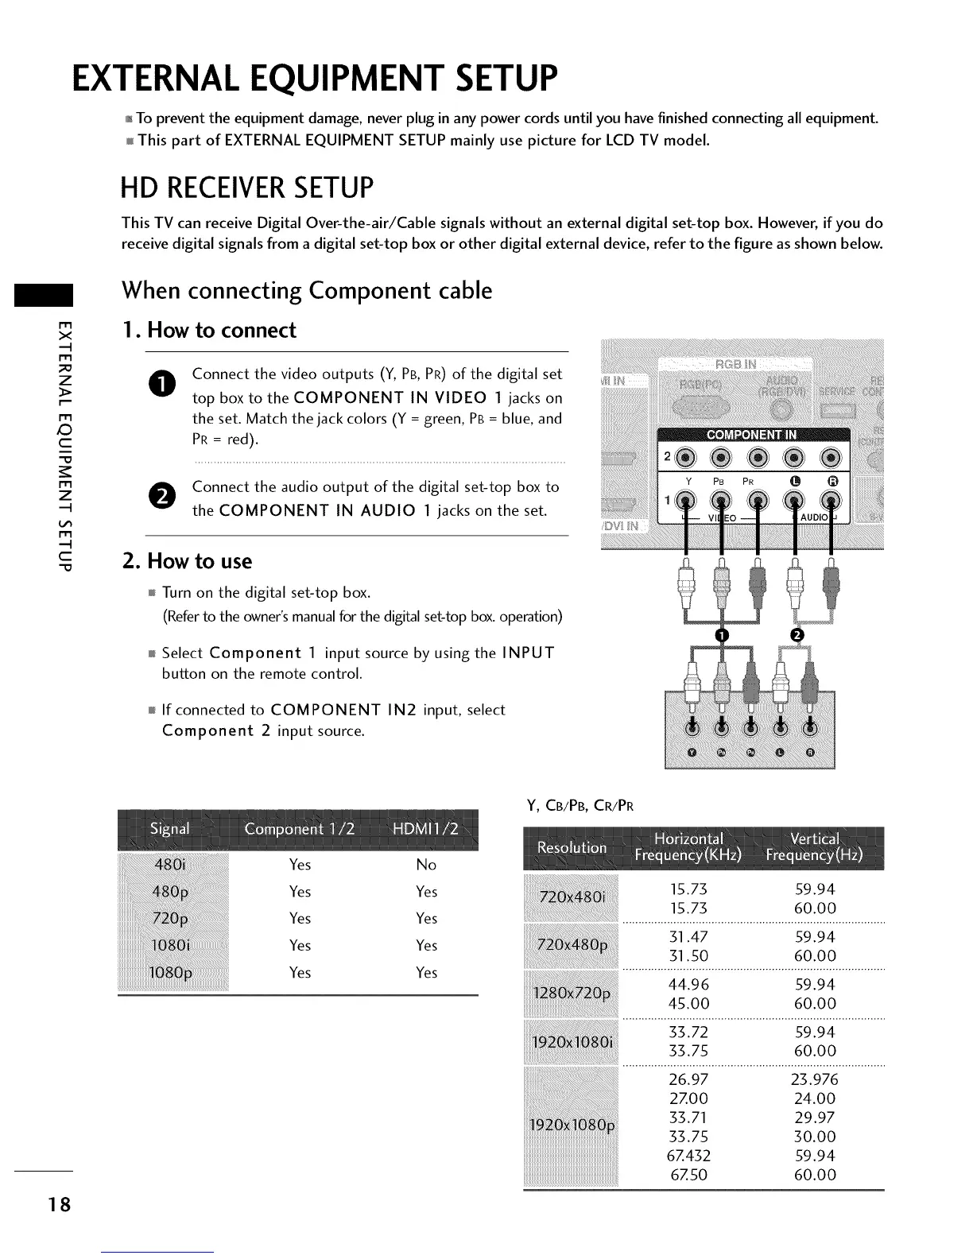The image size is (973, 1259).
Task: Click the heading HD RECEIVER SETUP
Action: (x=246, y=188)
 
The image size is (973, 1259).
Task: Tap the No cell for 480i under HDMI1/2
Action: (x=426, y=865)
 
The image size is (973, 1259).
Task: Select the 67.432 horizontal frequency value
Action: (x=689, y=1156)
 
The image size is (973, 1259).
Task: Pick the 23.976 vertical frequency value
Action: (x=815, y=1079)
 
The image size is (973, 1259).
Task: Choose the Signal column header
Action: (x=169, y=830)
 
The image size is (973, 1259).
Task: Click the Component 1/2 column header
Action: (x=300, y=830)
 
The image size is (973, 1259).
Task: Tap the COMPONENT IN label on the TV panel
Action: (x=752, y=435)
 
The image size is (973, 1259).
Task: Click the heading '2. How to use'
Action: (x=187, y=561)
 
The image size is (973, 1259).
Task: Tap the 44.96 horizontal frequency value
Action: (x=689, y=985)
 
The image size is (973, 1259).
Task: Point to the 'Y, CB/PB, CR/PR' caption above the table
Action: (x=580, y=806)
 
